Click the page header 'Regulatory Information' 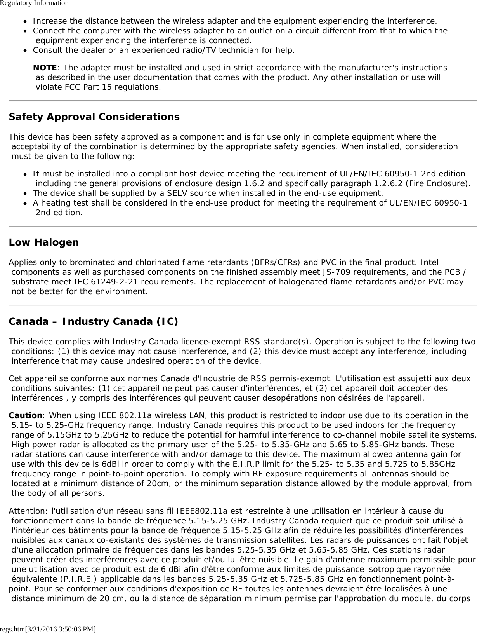click(34, 3)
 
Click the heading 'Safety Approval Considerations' click(94, 117)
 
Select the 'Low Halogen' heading click(43, 242)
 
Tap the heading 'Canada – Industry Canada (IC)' click(93, 322)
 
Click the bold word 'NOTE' click(45, 68)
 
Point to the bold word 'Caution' click(25, 416)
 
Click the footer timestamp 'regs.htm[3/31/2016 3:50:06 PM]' click(48, 629)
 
